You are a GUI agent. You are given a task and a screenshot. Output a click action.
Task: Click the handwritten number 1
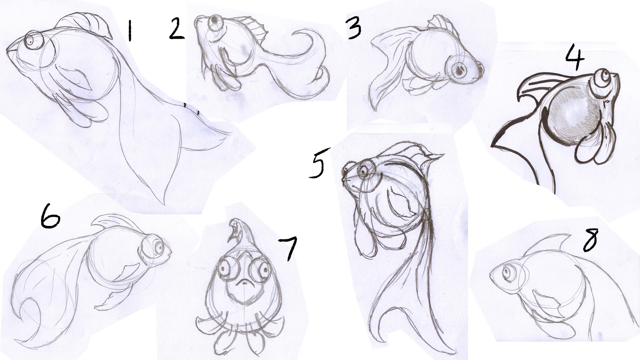click(130, 32)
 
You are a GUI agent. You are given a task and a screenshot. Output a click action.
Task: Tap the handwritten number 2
click(176, 28)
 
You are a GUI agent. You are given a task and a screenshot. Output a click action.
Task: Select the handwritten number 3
click(354, 28)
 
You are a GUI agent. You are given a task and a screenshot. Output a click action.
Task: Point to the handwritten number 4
click(575, 58)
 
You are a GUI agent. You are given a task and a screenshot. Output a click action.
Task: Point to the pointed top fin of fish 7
click(242, 233)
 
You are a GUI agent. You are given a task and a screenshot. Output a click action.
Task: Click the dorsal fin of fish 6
click(114, 222)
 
